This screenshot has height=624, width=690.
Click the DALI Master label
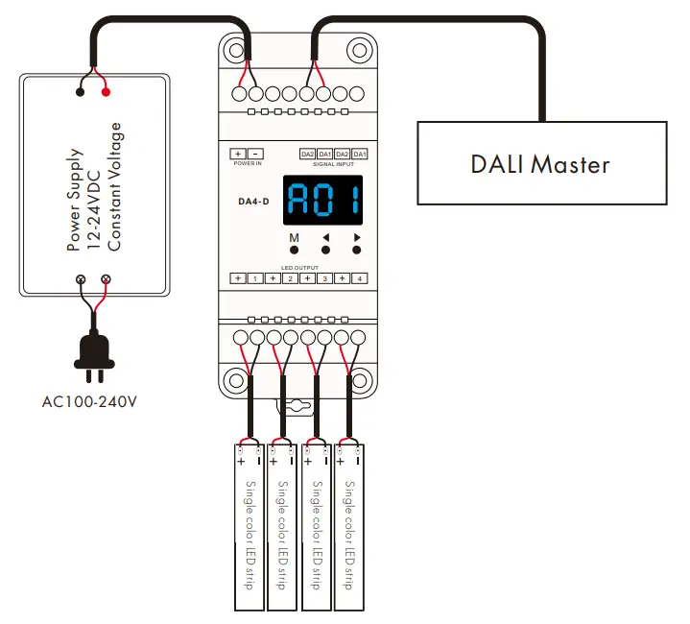pos(540,164)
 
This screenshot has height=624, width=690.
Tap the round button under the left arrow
pos(325,251)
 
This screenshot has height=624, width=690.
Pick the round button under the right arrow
pos(356,251)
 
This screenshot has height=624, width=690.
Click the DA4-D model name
pos(253,202)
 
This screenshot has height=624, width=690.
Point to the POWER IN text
pos(247,164)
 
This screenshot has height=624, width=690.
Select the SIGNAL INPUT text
pos(333,164)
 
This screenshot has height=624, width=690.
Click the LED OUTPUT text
pos(298,267)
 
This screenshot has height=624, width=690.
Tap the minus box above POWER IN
pos(255,154)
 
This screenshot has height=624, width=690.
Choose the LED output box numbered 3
pos(324,278)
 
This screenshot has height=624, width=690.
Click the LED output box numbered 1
pos(255,278)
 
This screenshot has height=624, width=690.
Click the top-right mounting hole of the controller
pos(359,49)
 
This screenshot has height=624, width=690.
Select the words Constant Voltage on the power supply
pos(115,186)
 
